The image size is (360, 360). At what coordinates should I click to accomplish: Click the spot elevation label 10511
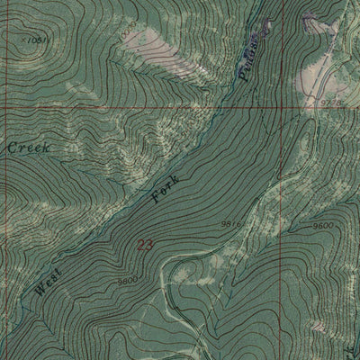tap(36, 40)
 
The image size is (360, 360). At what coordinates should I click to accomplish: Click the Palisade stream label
tap(251, 59)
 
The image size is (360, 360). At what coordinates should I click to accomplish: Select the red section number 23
tap(146, 244)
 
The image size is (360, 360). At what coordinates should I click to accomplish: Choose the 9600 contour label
tap(321, 225)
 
